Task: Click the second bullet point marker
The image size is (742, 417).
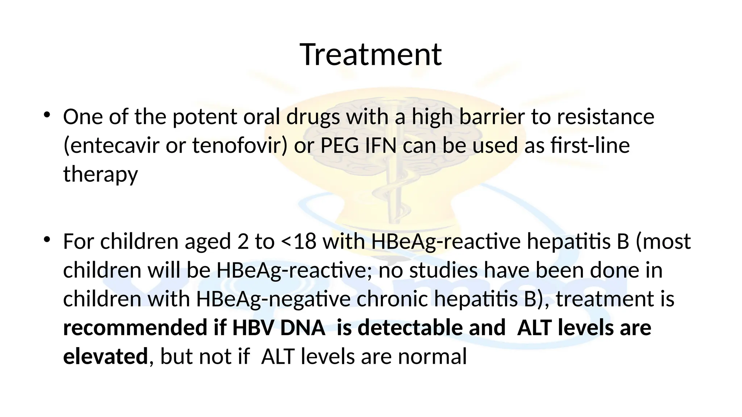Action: tap(46, 240)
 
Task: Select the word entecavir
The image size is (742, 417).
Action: tap(111, 146)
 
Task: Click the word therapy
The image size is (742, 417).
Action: tap(100, 174)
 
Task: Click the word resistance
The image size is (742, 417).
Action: tap(605, 117)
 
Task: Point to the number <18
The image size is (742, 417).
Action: tap(299, 241)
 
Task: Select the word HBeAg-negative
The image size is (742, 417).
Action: tap(273, 299)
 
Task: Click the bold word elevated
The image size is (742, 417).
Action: tap(105, 357)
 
